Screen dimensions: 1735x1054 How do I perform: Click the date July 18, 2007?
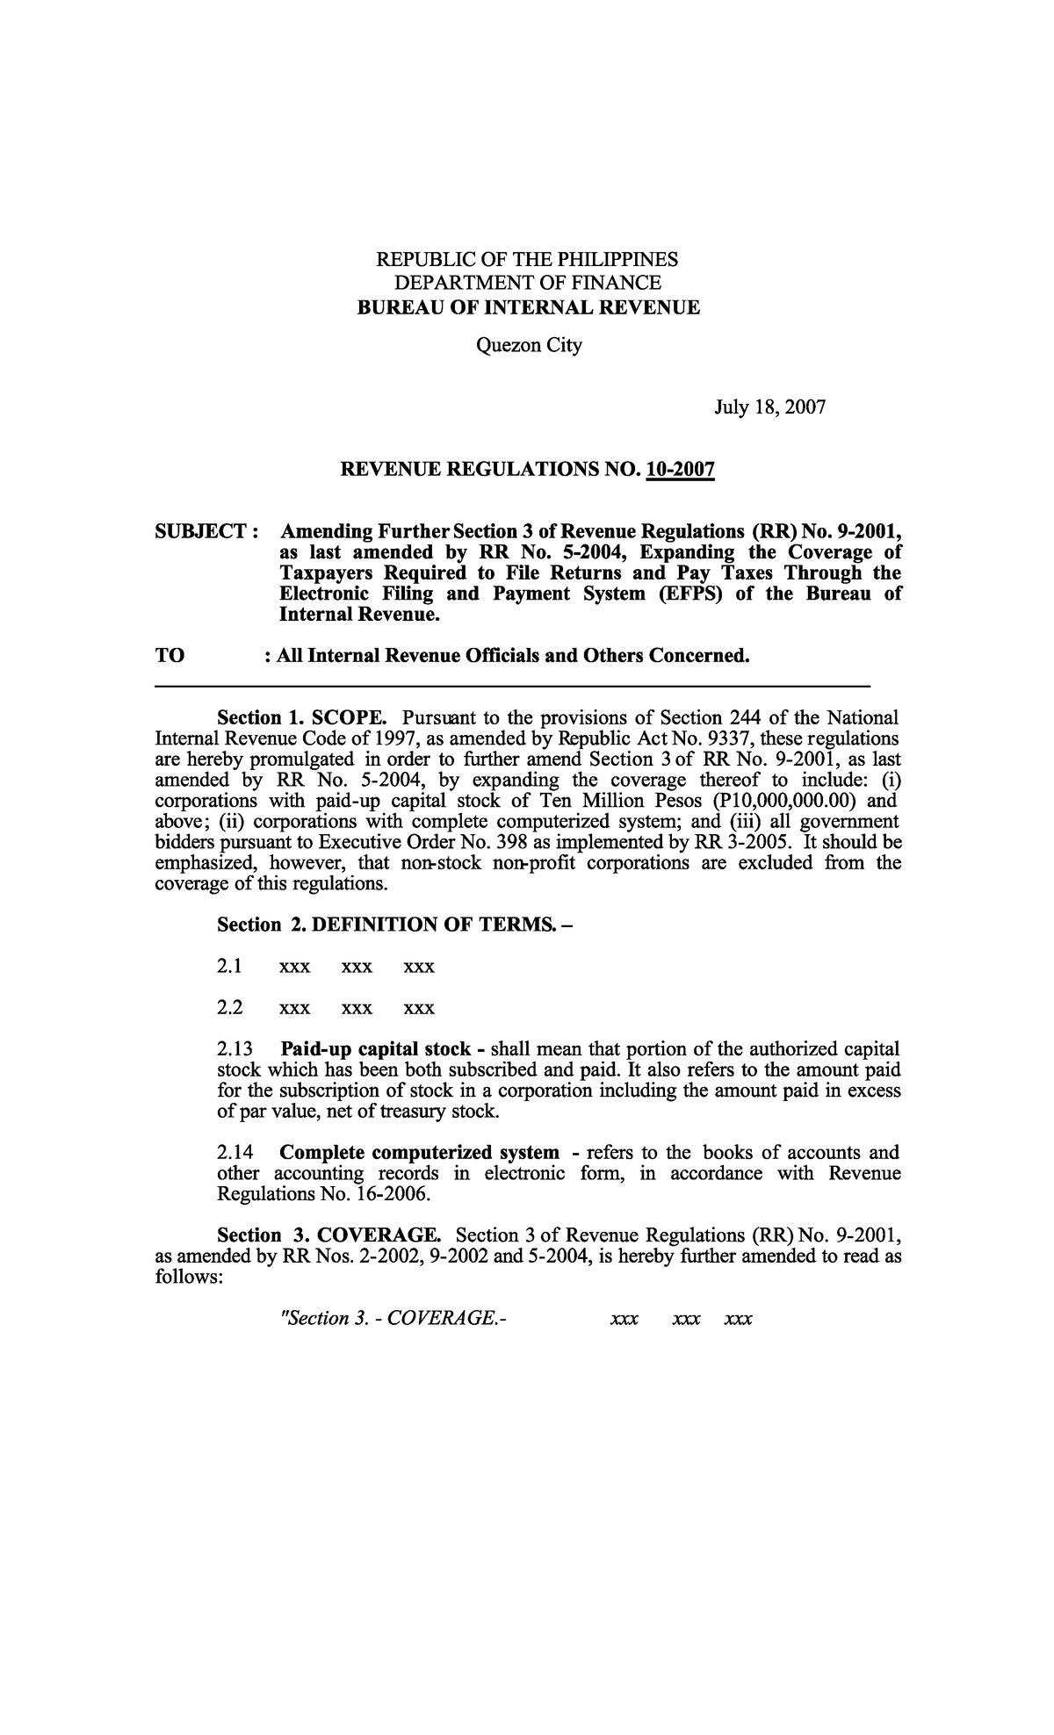pyautogui.click(x=769, y=407)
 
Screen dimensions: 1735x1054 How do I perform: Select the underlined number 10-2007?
pyautogui.click(x=680, y=472)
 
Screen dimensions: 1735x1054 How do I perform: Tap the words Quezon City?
pyautogui.click(x=528, y=345)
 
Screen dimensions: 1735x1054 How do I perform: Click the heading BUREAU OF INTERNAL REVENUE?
pyautogui.click(x=527, y=307)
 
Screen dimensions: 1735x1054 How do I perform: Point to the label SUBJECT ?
pyautogui.click(x=206, y=531)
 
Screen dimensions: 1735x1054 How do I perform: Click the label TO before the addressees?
pyautogui.click(x=170, y=656)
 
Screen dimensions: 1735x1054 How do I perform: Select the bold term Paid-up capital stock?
pyautogui.click(x=375, y=1049)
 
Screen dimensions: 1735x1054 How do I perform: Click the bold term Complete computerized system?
pyautogui.click(x=419, y=1152)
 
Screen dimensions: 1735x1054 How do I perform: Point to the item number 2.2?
pyautogui.click(x=230, y=1007)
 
